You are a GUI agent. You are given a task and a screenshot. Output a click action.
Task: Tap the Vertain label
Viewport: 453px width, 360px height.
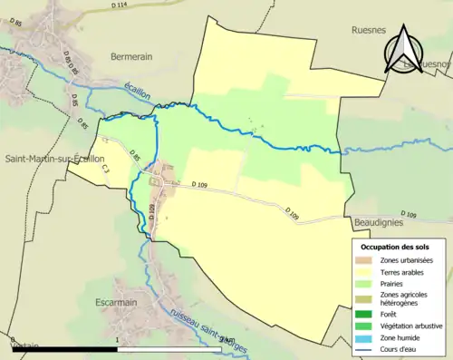[18, 345]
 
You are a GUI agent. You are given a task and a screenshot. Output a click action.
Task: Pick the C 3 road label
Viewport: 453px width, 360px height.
[105, 169]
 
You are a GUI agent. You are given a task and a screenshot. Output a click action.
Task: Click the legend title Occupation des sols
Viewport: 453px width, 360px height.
[395, 246]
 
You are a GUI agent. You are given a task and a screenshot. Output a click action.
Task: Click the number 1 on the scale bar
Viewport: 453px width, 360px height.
[118, 343]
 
